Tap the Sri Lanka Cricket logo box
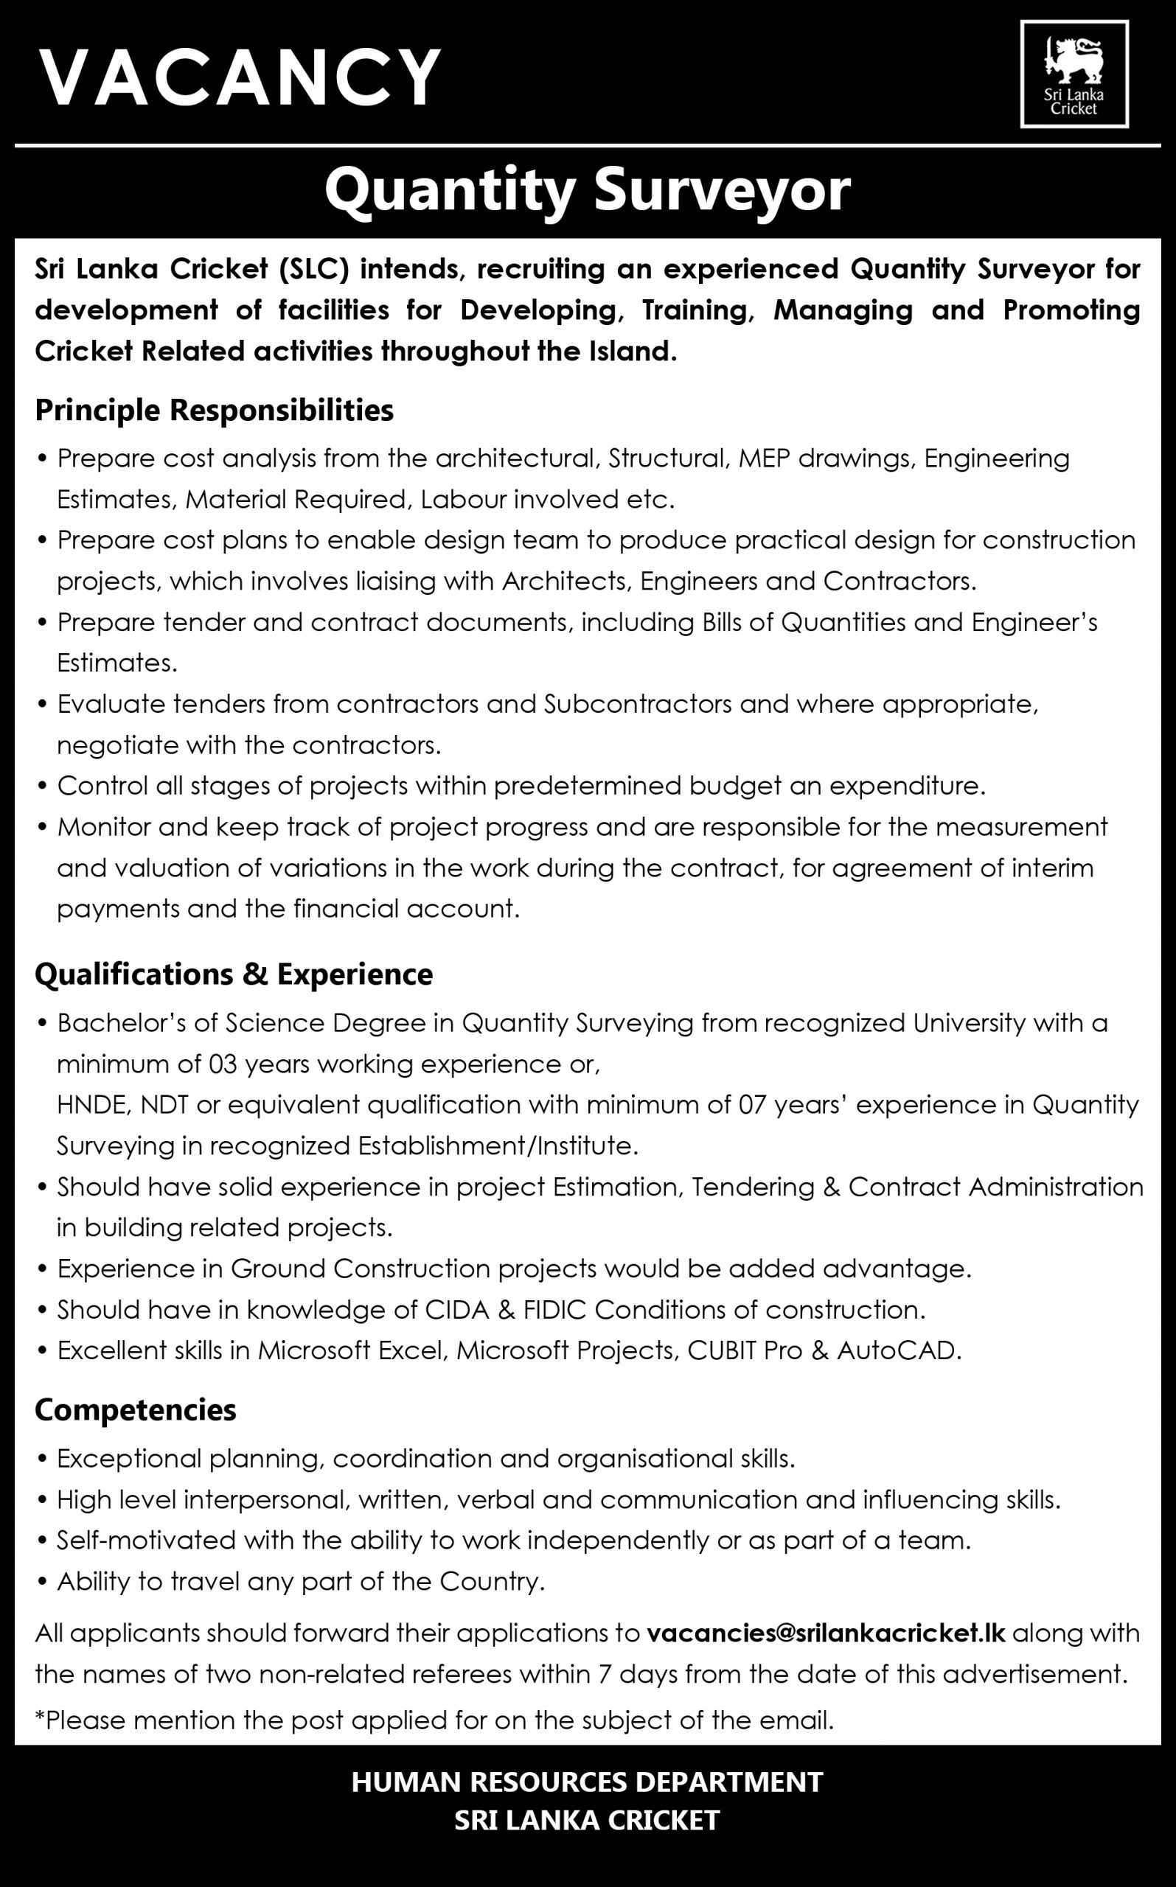point(1074,74)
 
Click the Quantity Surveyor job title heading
point(587,190)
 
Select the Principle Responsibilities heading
point(214,410)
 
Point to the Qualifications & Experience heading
point(233,974)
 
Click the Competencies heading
point(136,1409)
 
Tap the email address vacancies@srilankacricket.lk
point(826,1632)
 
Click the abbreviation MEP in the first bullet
point(764,458)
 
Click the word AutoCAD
point(897,1350)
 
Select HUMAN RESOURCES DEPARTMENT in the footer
point(587,1782)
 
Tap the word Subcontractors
point(638,705)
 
